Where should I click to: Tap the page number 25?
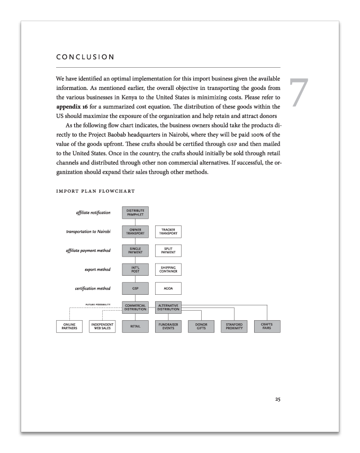pos(277,399)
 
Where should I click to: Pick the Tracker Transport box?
pos(168,231)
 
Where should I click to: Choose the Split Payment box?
pos(168,250)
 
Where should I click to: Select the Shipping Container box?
pos(168,269)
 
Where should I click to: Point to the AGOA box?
pos(168,288)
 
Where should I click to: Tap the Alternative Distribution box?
pos(168,307)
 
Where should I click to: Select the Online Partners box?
pos(69,327)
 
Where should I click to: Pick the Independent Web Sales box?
pos(102,327)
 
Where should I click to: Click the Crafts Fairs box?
pos(267,327)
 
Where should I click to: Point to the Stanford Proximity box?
pos(233,327)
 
